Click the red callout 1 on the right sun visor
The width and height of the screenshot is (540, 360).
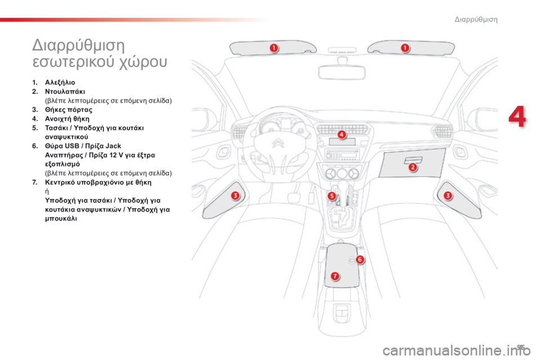404,48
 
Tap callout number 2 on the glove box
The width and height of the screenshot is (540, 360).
412,167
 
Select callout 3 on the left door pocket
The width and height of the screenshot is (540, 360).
235,195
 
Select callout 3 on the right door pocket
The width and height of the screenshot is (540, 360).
448,195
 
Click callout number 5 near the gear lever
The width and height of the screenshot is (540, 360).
332,196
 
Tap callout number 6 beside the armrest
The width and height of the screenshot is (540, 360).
360,259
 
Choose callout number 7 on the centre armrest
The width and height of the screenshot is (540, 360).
335,276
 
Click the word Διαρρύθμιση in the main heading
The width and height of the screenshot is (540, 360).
78,44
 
